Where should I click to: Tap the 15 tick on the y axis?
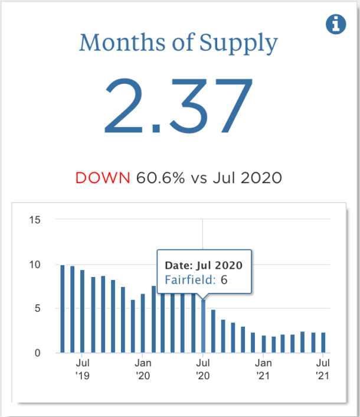click(x=35, y=220)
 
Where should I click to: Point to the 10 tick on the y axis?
click(x=35, y=265)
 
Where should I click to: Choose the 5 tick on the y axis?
click(x=38, y=309)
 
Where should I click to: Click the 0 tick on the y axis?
click(x=38, y=353)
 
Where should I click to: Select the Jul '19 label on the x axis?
click(x=83, y=368)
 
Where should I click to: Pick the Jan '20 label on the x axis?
click(x=143, y=368)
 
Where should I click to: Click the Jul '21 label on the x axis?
click(x=323, y=368)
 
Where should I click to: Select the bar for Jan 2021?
click(x=263, y=344)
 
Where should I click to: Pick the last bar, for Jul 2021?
click(x=323, y=343)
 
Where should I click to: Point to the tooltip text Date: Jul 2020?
click(x=202, y=265)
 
